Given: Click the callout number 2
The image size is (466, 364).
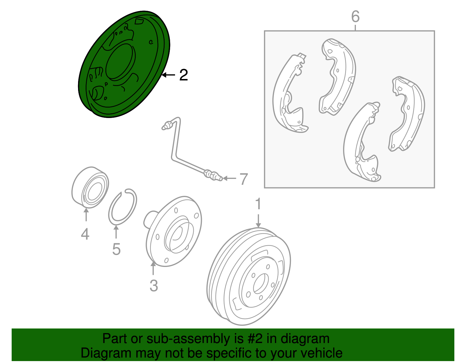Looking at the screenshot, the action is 183,75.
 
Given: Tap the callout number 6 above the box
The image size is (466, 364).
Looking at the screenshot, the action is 355,17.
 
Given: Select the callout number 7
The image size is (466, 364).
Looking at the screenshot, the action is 243,179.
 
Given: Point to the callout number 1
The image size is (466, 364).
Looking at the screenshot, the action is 258,203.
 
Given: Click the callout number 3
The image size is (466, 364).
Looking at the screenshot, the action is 154,286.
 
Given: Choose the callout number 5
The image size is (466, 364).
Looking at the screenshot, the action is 116,249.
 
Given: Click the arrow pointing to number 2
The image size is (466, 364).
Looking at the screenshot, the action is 169,75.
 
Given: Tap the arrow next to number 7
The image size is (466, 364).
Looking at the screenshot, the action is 230,178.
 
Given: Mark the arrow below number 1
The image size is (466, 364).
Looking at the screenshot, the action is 258,221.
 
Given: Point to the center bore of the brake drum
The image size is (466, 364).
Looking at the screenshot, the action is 261,284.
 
